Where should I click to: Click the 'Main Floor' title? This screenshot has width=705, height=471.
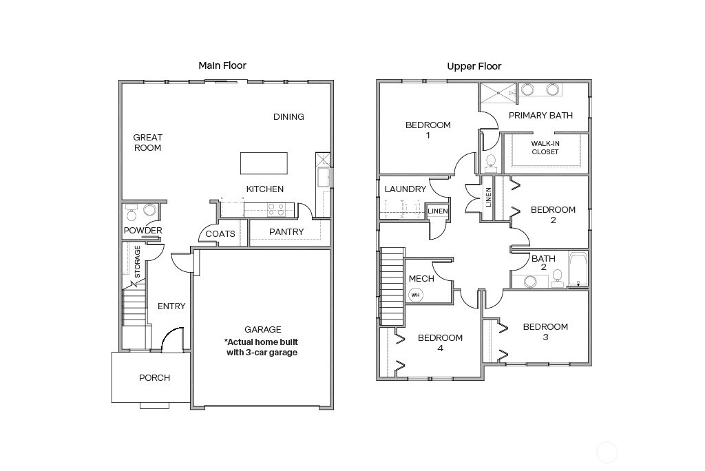[x=222, y=65]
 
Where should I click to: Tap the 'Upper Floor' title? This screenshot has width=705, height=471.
[x=474, y=66]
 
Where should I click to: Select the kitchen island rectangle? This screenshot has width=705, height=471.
[x=264, y=163]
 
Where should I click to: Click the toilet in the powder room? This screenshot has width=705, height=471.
[x=132, y=213]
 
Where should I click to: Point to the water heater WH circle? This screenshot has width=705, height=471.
[x=415, y=295]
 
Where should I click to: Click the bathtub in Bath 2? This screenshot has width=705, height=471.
[x=578, y=269]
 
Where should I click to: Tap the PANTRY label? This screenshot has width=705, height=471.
[x=286, y=232]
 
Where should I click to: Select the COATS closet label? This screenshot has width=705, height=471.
[x=220, y=234]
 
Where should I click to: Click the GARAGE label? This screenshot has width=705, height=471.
[x=263, y=329]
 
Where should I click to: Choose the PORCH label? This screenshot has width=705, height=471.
[x=154, y=377]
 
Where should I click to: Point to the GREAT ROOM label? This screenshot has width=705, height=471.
[x=147, y=143]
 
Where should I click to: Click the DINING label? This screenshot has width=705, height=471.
[x=288, y=117]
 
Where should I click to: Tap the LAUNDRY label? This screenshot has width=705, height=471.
[x=406, y=189]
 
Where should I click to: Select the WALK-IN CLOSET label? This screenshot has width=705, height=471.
[x=545, y=147]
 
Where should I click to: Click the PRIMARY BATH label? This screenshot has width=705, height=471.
[x=540, y=116]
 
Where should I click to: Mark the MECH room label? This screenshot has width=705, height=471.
[x=421, y=279]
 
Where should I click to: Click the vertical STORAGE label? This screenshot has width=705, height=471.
[x=138, y=262]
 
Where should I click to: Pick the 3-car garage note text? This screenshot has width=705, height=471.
[x=262, y=347]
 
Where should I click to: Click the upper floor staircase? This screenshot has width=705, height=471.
[x=391, y=282]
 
